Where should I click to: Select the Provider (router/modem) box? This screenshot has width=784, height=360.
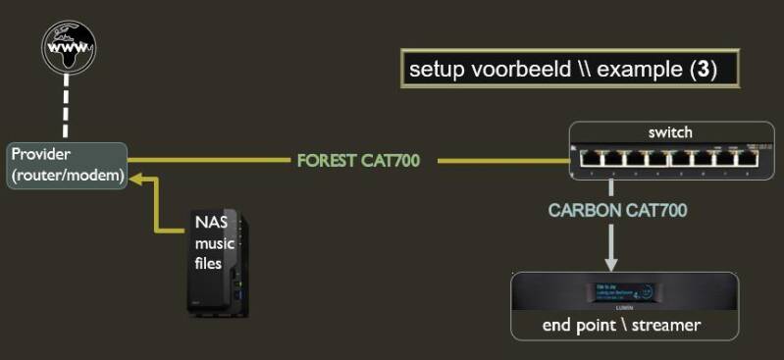click(67, 166)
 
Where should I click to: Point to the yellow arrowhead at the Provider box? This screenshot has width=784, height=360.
click(138, 179)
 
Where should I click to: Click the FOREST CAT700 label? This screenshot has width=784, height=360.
click(358, 160)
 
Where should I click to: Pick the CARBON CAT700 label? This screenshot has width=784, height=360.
click(617, 210)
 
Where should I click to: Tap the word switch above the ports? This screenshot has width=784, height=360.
click(670, 132)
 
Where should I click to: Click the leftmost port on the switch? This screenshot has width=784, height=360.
click(588, 155)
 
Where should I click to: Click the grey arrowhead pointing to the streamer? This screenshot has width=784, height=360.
click(610, 262)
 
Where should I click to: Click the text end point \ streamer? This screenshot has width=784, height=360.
click(622, 325)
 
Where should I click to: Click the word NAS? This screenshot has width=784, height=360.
click(210, 222)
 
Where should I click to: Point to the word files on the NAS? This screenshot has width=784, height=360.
click(208, 264)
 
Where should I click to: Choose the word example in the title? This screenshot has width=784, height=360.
click(645, 69)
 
